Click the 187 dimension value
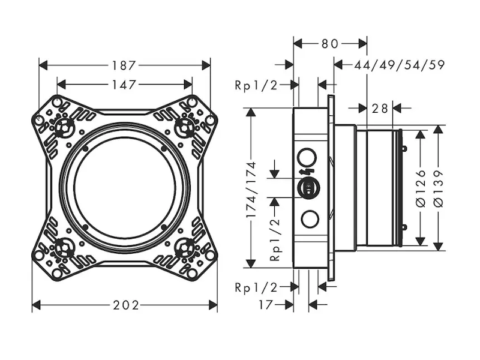[x=124, y=65]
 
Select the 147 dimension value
[x=124, y=85]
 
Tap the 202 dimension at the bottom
[x=126, y=305]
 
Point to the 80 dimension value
[x=330, y=44]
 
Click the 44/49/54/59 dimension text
[x=399, y=65]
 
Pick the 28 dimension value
[x=380, y=108]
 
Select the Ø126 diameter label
[x=422, y=188]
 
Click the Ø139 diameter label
[x=439, y=188]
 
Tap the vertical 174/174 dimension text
[x=251, y=190]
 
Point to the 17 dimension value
[x=266, y=305]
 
